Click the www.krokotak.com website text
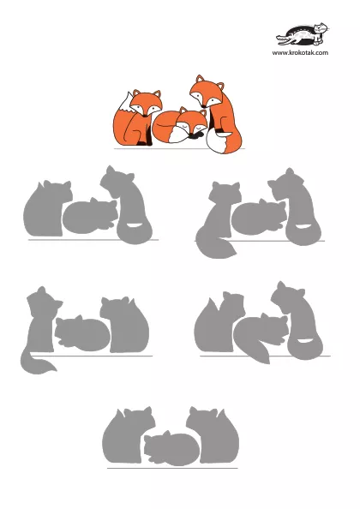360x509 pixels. point(300,52)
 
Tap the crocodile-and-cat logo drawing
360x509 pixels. point(303,34)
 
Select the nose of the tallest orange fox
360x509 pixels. point(203,105)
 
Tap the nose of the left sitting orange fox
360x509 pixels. point(145,116)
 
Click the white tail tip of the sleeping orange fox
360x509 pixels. point(178,135)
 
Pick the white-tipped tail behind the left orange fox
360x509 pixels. point(125,102)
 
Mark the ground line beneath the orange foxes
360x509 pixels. point(179,149)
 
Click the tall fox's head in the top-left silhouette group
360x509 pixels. point(117,181)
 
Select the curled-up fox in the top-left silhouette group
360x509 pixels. point(90,216)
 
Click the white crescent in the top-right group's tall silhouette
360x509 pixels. point(303,226)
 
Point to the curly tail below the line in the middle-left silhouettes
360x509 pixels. point(38,361)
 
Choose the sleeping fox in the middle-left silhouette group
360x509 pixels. point(82,333)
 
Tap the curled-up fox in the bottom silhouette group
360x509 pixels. point(171,449)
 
